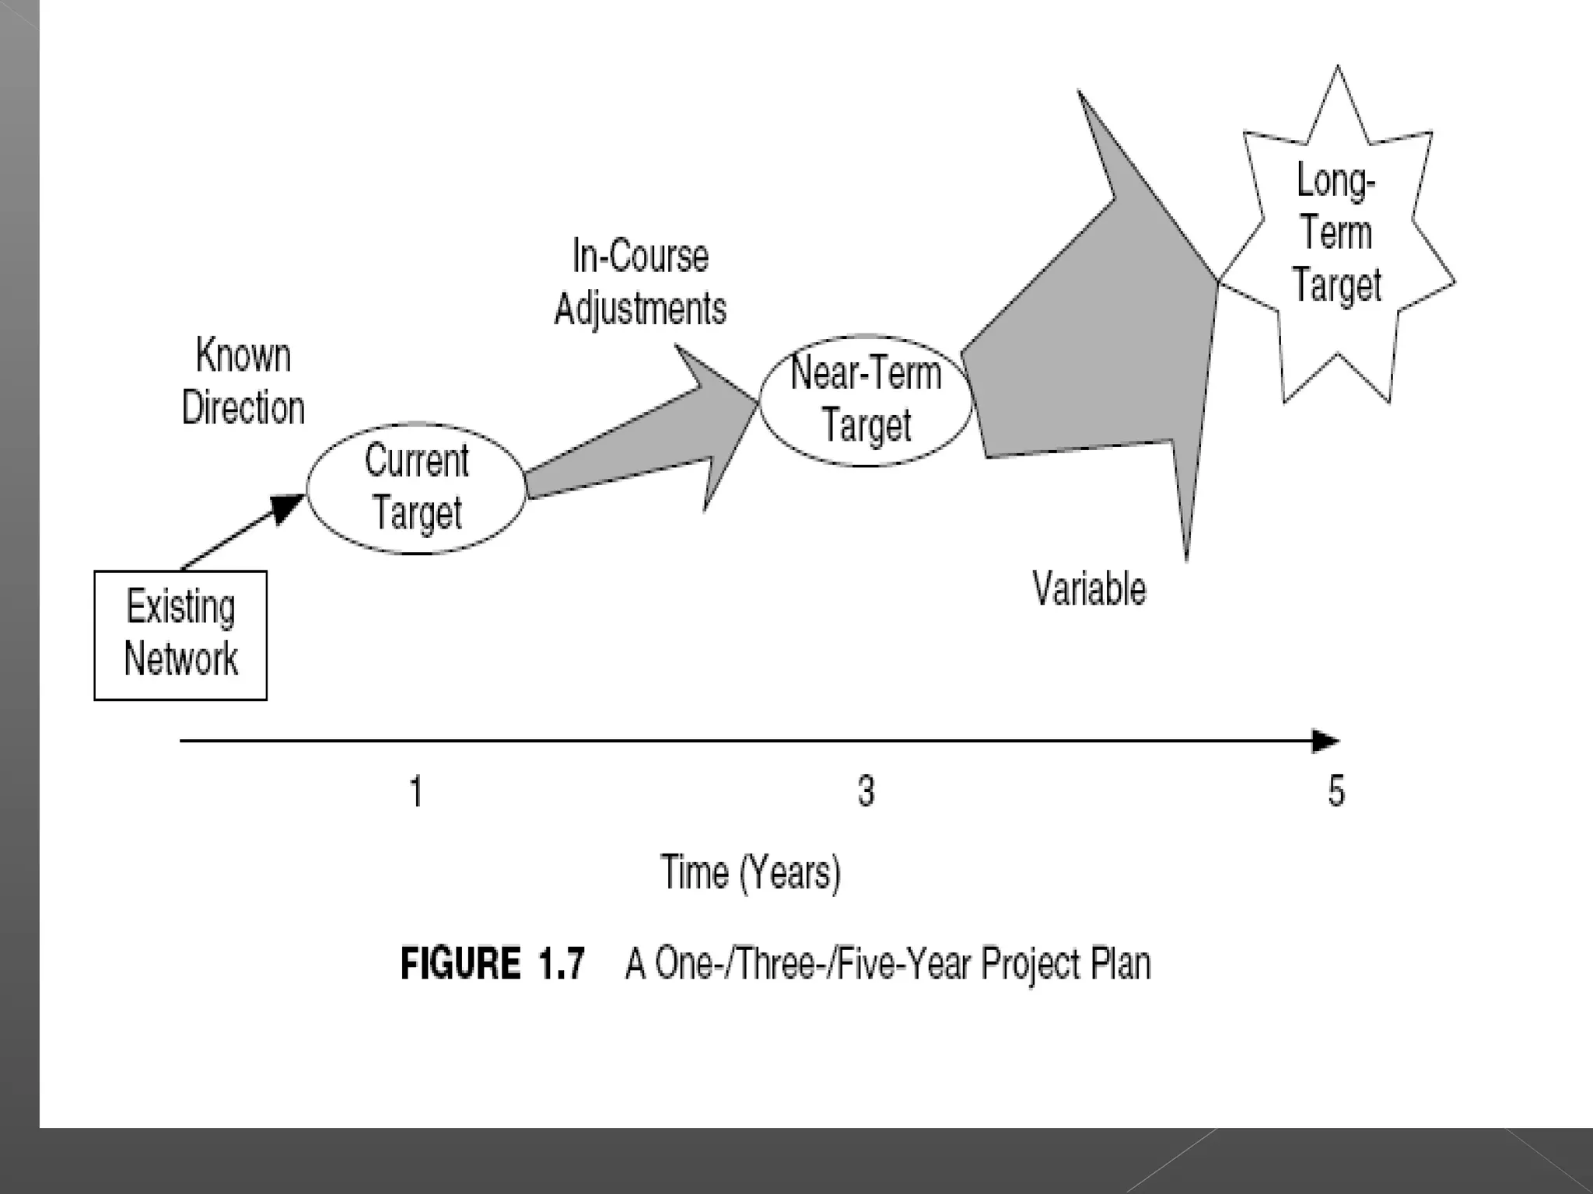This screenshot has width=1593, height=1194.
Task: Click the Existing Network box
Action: coord(180,635)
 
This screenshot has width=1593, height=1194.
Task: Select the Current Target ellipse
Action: coord(417,488)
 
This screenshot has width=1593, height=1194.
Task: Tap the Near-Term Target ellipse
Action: coord(866,400)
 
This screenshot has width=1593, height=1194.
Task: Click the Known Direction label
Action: coord(243,381)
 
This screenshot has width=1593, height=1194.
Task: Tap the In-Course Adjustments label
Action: coord(640,282)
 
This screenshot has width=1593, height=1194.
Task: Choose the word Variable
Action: coord(1089,588)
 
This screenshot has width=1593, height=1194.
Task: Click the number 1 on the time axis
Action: coord(416,791)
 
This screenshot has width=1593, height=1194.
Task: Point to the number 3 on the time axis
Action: coord(866,791)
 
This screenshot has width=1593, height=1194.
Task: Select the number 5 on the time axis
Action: coord(1336,791)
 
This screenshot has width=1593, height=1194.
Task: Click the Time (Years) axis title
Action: coord(751,873)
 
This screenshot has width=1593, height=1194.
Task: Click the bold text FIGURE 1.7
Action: coord(492,964)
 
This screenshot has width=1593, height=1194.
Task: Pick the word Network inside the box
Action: coord(181,659)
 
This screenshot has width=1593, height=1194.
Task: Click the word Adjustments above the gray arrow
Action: coord(640,309)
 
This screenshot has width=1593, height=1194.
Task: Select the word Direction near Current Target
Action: coord(243,407)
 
